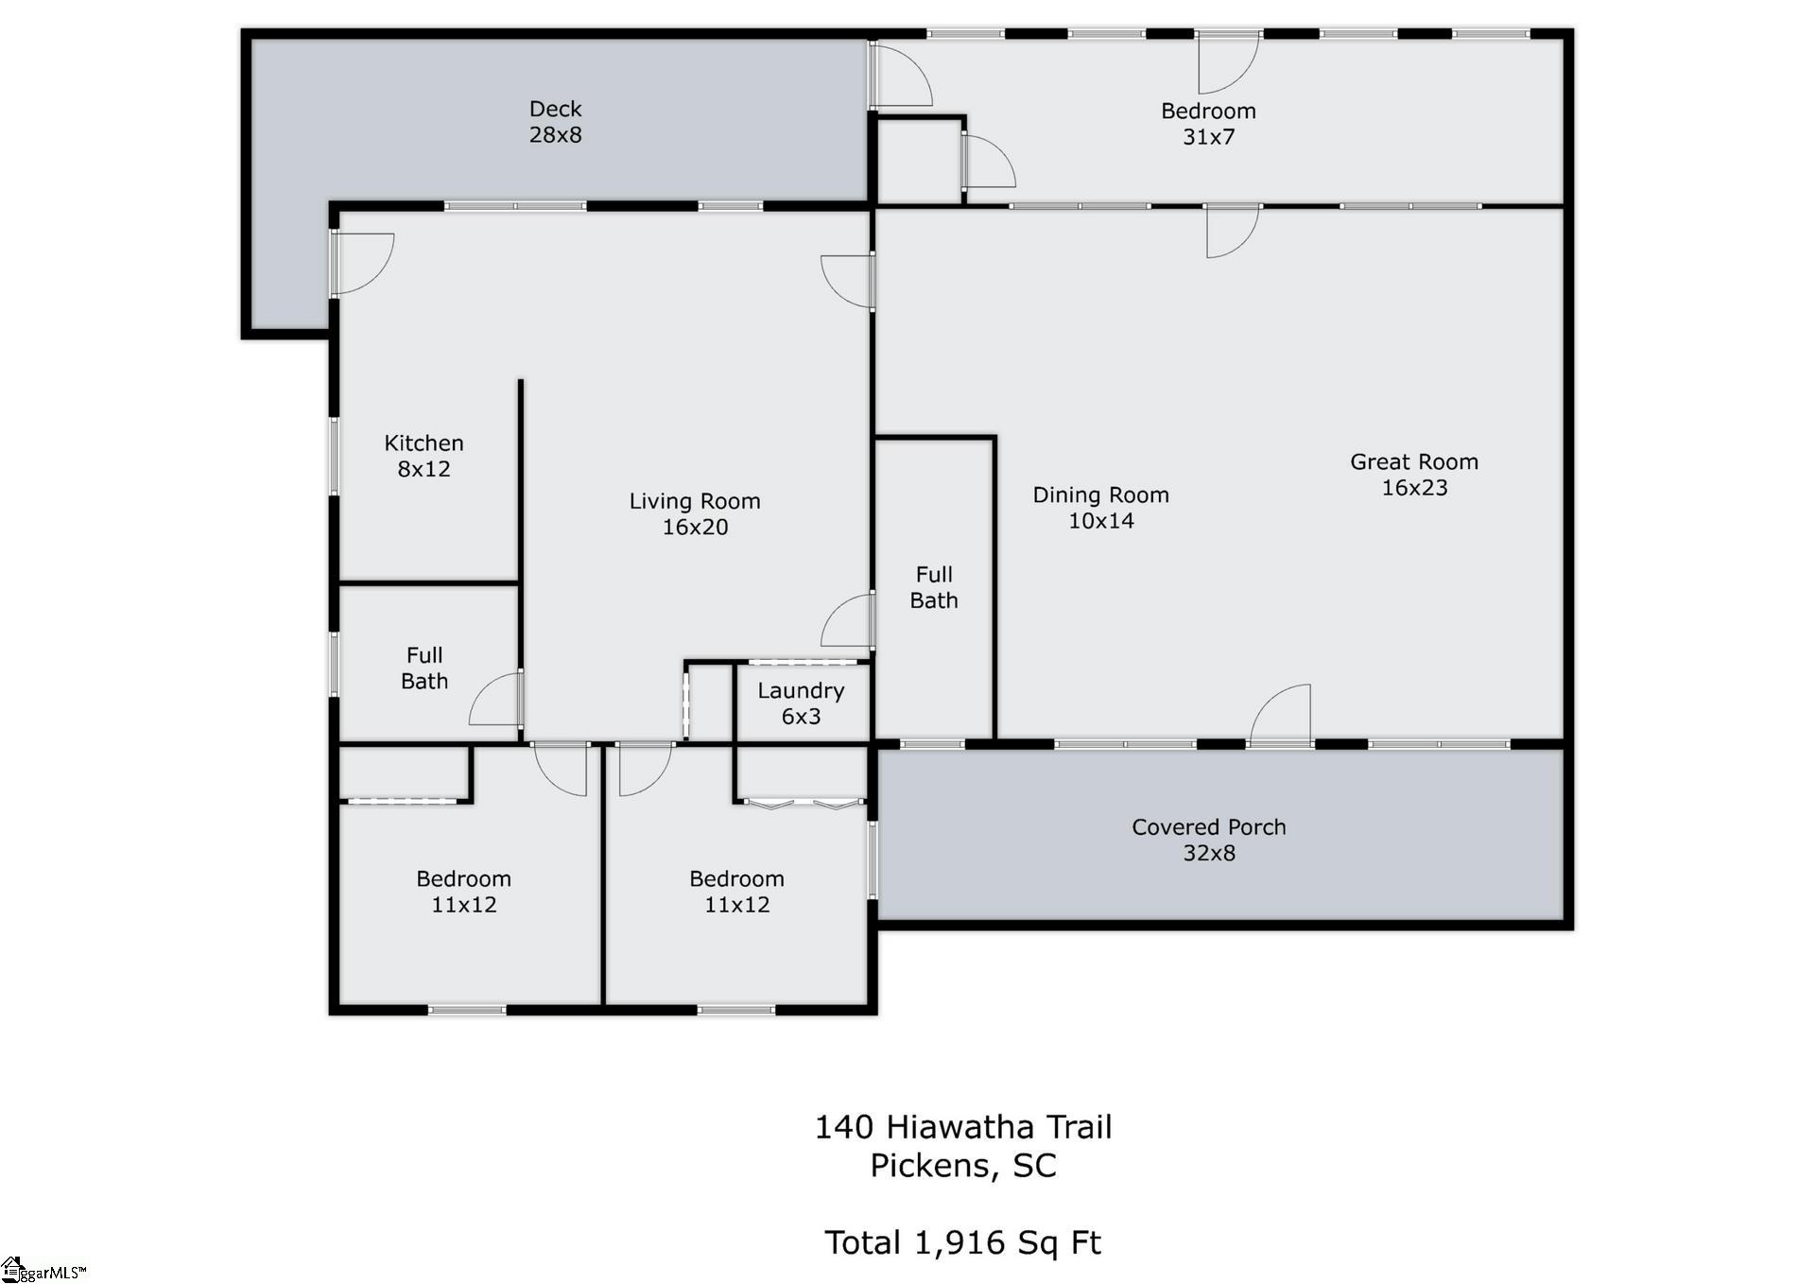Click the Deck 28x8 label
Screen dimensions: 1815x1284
[x=555, y=122]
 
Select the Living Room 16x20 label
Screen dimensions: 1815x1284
[x=695, y=514]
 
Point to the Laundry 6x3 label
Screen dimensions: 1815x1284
[x=801, y=703]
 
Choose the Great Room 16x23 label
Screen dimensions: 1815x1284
[x=1414, y=475]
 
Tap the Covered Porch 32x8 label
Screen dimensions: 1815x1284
[x=1209, y=840]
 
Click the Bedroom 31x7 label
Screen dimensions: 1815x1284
[x=1208, y=124]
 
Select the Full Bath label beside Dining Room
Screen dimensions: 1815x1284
[x=934, y=587]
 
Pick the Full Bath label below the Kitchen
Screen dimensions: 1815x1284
[x=424, y=668]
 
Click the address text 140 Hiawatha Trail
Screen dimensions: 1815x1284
[x=963, y=1127]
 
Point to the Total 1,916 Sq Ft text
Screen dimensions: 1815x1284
[x=962, y=1242]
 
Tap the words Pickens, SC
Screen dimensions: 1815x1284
[x=963, y=1166]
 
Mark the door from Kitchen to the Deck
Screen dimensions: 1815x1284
[x=362, y=264]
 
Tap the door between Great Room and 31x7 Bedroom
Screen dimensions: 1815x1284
[x=1233, y=231]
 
